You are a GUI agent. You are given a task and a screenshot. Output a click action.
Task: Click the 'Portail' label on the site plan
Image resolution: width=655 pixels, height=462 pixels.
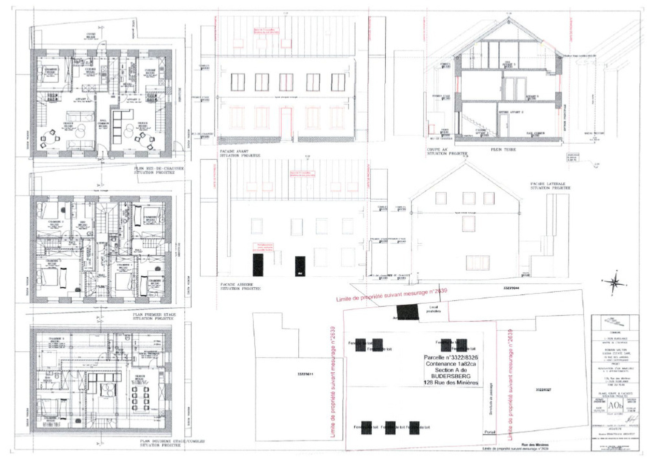point(490,432)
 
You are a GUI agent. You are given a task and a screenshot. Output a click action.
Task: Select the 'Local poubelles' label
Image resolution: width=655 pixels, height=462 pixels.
point(433,309)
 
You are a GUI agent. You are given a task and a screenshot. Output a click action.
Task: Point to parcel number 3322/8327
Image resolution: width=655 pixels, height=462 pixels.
point(543,389)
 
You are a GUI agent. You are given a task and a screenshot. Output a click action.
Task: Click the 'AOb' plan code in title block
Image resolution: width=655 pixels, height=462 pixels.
point(615,405)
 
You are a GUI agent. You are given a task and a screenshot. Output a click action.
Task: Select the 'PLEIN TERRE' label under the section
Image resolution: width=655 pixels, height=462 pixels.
point(503,149)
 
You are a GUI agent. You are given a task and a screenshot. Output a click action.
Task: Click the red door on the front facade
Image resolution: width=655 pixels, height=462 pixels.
point(286,123)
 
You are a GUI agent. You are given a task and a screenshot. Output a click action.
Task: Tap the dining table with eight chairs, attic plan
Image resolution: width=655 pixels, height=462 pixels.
point(141,398)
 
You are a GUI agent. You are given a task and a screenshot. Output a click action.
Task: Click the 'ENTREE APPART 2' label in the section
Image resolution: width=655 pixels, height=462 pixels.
point(511,112)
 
